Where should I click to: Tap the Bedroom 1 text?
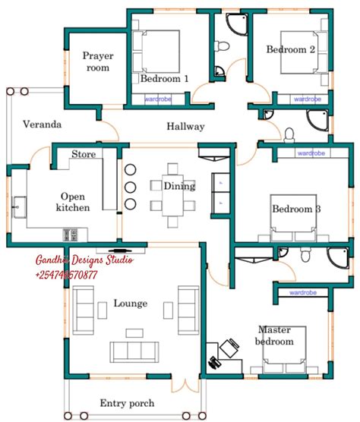[x=164, y=79]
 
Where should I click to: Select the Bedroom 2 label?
[x=291, y=50]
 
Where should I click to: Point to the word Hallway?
[x=185, y=127]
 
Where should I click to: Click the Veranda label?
[x=42, y=124]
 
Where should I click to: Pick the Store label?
[x=84, y=154]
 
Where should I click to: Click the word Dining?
[x=178, y=186]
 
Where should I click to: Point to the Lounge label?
[x=130, y=304]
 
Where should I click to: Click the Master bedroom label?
[x=274, y=335]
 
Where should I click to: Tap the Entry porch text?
[x=127, y=403]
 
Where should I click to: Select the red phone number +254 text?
[x=66, y=275]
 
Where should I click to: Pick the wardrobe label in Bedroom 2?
[x=307, y=99]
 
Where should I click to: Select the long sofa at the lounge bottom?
[x=135, y=351]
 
